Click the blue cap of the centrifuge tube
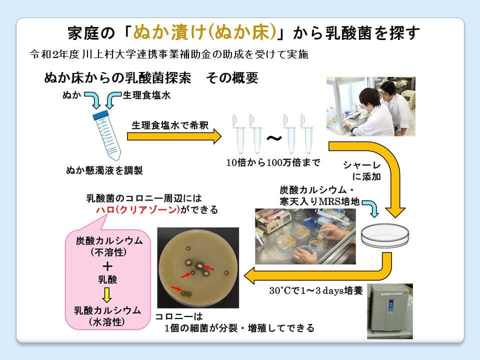click(x=100, y=115)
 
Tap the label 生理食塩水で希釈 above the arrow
click(x=170, y=125)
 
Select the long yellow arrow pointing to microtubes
click(x=174, y=136)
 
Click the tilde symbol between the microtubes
click(x=274, y=138)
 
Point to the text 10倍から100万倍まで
click(x=273, y=162)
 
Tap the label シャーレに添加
click(x=362, y=171)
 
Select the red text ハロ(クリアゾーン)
click(x=138, y=210)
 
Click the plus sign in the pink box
click(x=107, y=266)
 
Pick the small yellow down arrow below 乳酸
click(x=107, y=294)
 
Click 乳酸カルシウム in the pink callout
click(x=107, y=310)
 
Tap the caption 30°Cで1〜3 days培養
click(x=316, y=290)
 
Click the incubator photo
click(x=390, y=311)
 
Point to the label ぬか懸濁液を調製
click(x=104, y=170)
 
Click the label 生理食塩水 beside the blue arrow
click(x=146, y=95)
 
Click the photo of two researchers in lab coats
click(x=370, y=106)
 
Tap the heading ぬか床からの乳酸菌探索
click(x=118, y=78)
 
